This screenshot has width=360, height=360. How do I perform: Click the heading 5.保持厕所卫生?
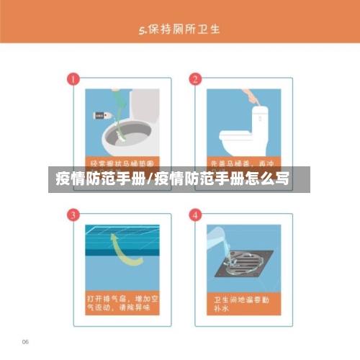click(x=179, y=30)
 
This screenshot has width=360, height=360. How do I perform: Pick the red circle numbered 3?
click(x=72, y=215)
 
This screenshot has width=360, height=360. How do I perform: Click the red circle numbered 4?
click(x=194, y=215)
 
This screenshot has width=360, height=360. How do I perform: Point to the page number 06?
click(x=25, y=341)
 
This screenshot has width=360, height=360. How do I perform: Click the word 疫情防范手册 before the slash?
click(x=100, y=179)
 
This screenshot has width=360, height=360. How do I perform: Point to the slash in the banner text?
click(x=149, y=179)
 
